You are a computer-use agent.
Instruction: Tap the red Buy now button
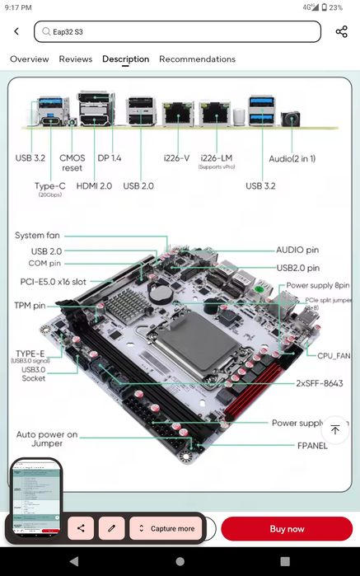tap(286, 528)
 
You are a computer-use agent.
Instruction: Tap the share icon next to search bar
tap(341, 31)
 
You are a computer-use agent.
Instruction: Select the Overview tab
tap(29, 59)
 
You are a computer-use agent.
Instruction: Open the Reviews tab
tap(76, 59)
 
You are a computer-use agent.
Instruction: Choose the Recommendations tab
tap(197, 59)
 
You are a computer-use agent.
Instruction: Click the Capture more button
tap(166, 528)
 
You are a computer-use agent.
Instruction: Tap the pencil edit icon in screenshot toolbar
tap(111, 528)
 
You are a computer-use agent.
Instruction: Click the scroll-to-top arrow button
tap(334, 429)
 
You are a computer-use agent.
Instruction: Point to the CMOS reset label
tap(72, 162)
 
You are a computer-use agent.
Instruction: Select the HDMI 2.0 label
tap(94, 186)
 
